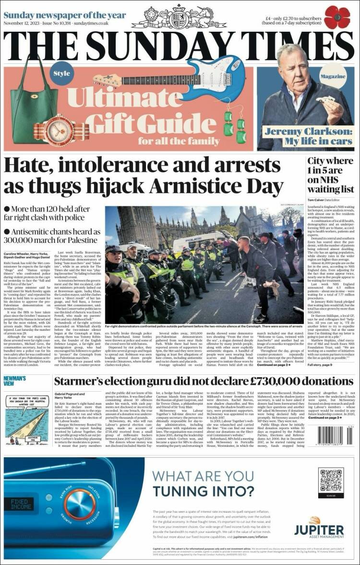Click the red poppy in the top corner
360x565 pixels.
(337, 17)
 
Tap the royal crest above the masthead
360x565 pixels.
(180, 17)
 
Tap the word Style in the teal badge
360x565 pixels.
(61, 73)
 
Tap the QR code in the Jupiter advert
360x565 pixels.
(331, 480)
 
